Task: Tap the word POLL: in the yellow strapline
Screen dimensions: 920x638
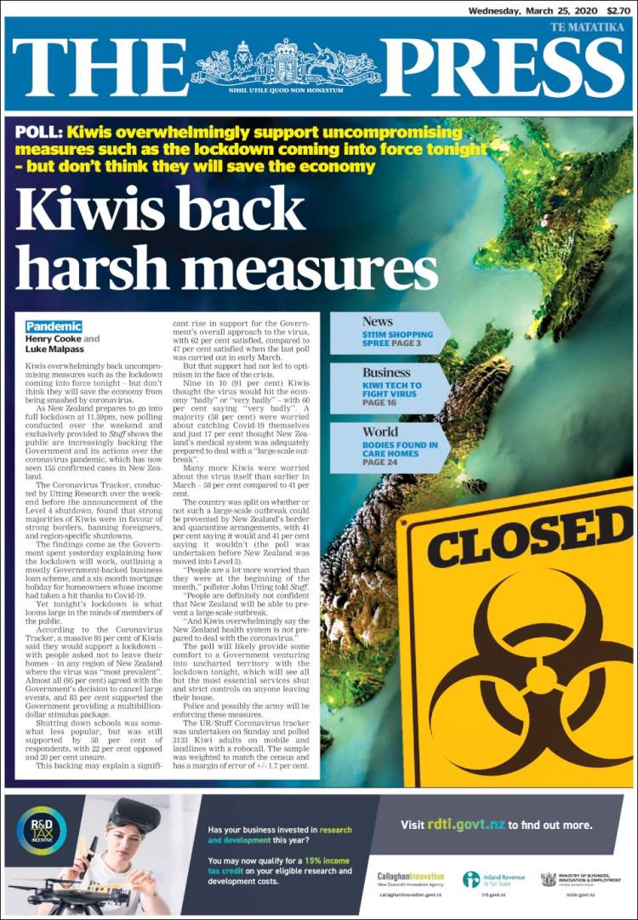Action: coord(38,133)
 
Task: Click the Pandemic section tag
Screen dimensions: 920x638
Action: coord(54,327)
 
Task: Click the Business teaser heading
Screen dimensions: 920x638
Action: coord(386,372)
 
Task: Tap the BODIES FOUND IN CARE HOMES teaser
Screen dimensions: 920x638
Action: coord(400,451)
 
